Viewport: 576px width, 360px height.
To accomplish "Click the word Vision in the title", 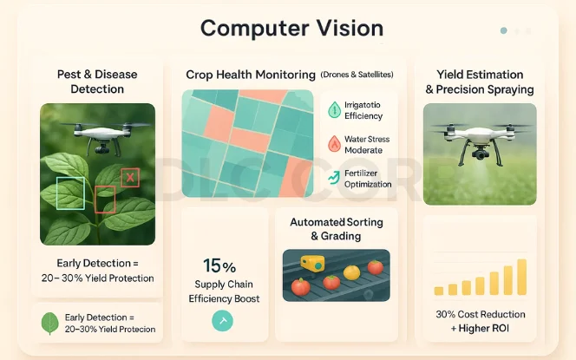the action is (x=350, y=29).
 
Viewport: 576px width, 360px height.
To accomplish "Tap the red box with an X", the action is (x=130, y=178).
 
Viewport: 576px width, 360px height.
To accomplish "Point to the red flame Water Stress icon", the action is (x=334, y=144).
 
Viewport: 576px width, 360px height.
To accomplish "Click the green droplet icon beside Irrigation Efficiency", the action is (x=334, y=110).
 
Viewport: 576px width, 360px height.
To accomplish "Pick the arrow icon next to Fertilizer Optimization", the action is (x=334, y=177).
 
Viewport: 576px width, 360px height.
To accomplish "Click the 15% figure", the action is (x=219, y=265).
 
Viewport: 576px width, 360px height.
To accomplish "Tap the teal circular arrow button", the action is (x=222, y=321).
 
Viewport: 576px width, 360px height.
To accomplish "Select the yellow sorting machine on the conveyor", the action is (x=312, y=264).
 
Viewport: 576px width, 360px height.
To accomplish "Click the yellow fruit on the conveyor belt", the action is (x=351, y=272).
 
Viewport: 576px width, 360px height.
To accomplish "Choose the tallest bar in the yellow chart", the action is (x=521, y=277).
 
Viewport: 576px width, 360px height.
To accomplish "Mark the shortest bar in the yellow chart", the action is (x=439, y=291).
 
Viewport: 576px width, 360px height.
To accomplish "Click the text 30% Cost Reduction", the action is (x=481, y=314).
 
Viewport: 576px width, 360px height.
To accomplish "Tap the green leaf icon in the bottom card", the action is (x=50, y=324).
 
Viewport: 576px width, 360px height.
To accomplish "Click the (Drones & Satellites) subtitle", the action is (x=357, y=75).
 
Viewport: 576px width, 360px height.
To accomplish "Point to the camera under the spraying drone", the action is (x=480, y=154).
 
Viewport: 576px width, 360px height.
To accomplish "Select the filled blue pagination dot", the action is (x=504, y=31).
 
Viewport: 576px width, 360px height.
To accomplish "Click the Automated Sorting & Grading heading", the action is (x=337, y=229).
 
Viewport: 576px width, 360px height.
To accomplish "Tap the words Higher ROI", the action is (x=484, y=328).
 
